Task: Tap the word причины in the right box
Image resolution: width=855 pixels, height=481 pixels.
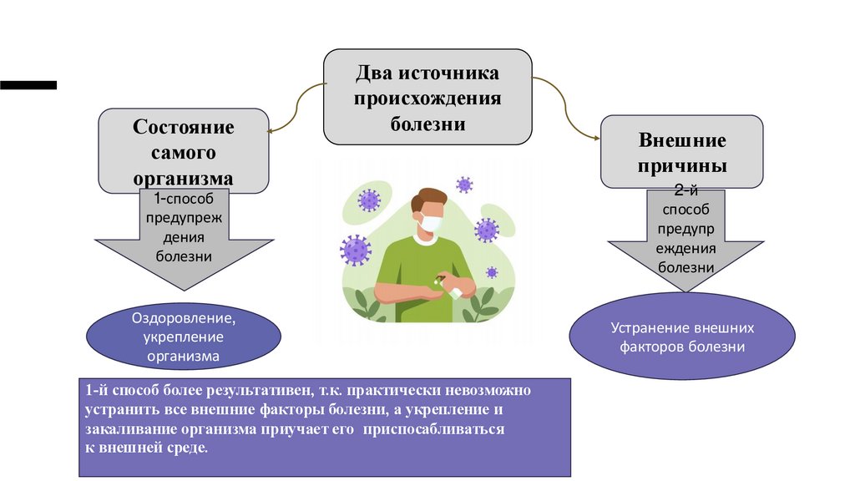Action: (682, 165)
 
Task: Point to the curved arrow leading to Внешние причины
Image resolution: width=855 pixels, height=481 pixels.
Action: (568, 109)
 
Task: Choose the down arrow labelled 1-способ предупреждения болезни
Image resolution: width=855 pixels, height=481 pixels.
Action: (184, 242)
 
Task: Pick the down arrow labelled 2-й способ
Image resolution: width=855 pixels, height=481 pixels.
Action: (686, 242)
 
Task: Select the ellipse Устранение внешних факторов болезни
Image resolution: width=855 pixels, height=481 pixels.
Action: (681, 337)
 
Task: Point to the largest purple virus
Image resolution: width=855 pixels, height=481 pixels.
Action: (356, 249)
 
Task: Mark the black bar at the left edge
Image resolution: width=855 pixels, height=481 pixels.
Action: (28, 84)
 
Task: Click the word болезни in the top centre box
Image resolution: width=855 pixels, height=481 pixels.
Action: (427, 124)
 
